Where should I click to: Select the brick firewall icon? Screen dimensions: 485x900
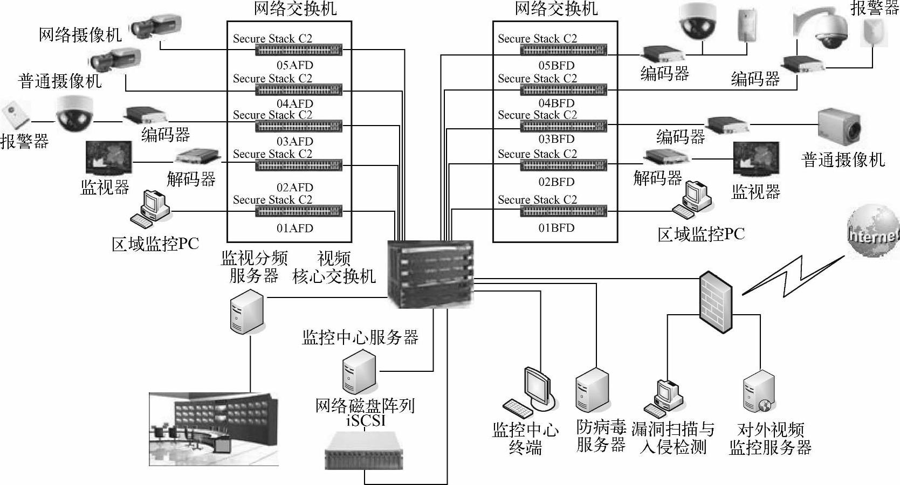point(716,302)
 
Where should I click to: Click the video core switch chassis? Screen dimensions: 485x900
point(430,274)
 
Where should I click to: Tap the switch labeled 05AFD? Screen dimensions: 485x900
point(299,50)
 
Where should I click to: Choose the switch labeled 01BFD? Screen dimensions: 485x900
point(564,211)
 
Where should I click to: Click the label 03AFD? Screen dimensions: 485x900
point(295,142)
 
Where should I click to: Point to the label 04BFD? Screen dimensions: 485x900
point(557,103)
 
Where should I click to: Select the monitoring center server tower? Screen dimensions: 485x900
point(359,371)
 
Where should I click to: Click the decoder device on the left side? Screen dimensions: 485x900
point(197,157)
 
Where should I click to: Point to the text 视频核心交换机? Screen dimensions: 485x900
point(334,267)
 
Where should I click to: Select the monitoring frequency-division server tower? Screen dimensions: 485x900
point(246,312)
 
